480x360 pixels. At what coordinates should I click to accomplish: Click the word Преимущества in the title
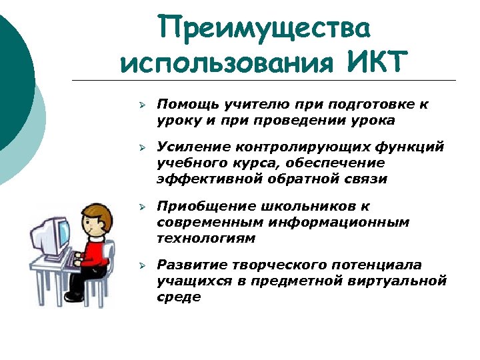(x=264, y=29)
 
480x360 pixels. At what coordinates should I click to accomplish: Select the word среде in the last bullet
(x=179, y=297)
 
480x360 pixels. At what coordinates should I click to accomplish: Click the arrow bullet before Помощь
(x=142, y=105)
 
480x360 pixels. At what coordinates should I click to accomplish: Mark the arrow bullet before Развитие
(x=142, y=266)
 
